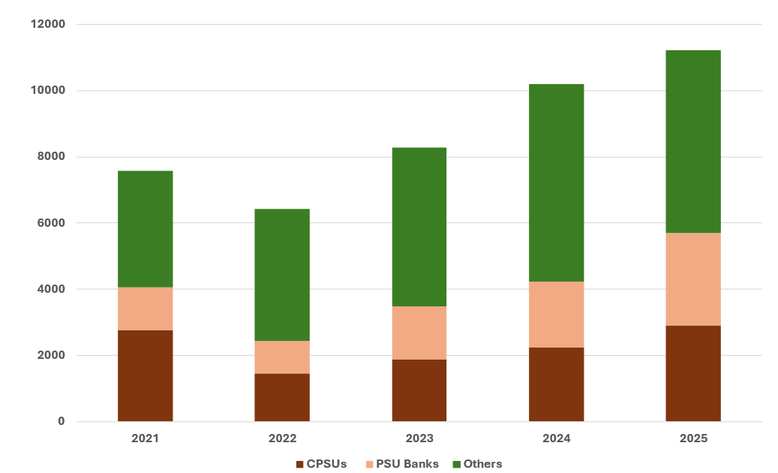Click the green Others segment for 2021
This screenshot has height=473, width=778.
(x=145, y=229)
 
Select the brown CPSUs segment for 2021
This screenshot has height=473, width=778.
(x=145, y=375)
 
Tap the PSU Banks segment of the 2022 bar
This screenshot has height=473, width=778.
(x=282, y=357)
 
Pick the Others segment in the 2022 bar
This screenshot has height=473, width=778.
(x=282, y=275)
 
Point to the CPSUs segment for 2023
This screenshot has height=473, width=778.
(x=419, y=390)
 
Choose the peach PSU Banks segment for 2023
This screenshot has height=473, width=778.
(x=419, y=333)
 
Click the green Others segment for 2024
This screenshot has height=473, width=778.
(x=556, y=182)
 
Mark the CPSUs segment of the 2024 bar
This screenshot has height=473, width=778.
(x=556, y=384)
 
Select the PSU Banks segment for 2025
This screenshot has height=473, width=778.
(x=693, y=279)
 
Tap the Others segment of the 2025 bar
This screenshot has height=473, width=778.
(x=693, y=141)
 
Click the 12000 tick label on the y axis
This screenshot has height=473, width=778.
(x=48, y=25)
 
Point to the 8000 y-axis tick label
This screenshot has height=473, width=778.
(x=51, y=157)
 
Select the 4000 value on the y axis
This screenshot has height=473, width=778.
(x=51, y=289)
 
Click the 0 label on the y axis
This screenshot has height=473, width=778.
(x=62, y=421)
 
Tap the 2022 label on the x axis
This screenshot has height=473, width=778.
(x=282, y=438)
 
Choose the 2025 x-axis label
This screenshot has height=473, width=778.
(x=693, y=438)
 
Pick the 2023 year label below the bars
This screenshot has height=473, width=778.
(x=419, y=438)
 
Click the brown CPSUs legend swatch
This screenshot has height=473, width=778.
(x=301, y=464)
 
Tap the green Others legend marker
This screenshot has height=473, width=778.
(x=456, y=464)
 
